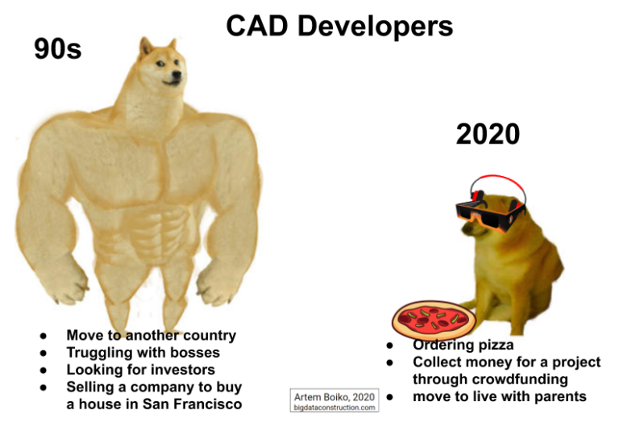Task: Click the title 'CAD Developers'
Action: [339, 26]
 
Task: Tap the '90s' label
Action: [57, 49]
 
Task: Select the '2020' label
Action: [488, 133]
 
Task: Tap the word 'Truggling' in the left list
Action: [102, 353]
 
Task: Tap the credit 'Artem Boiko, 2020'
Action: [334, 396]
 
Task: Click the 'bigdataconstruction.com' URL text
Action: [334, 408]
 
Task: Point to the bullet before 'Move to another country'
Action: [44, 336]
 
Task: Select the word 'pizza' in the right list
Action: [491, 345]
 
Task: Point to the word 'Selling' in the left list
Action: [92, 387]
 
